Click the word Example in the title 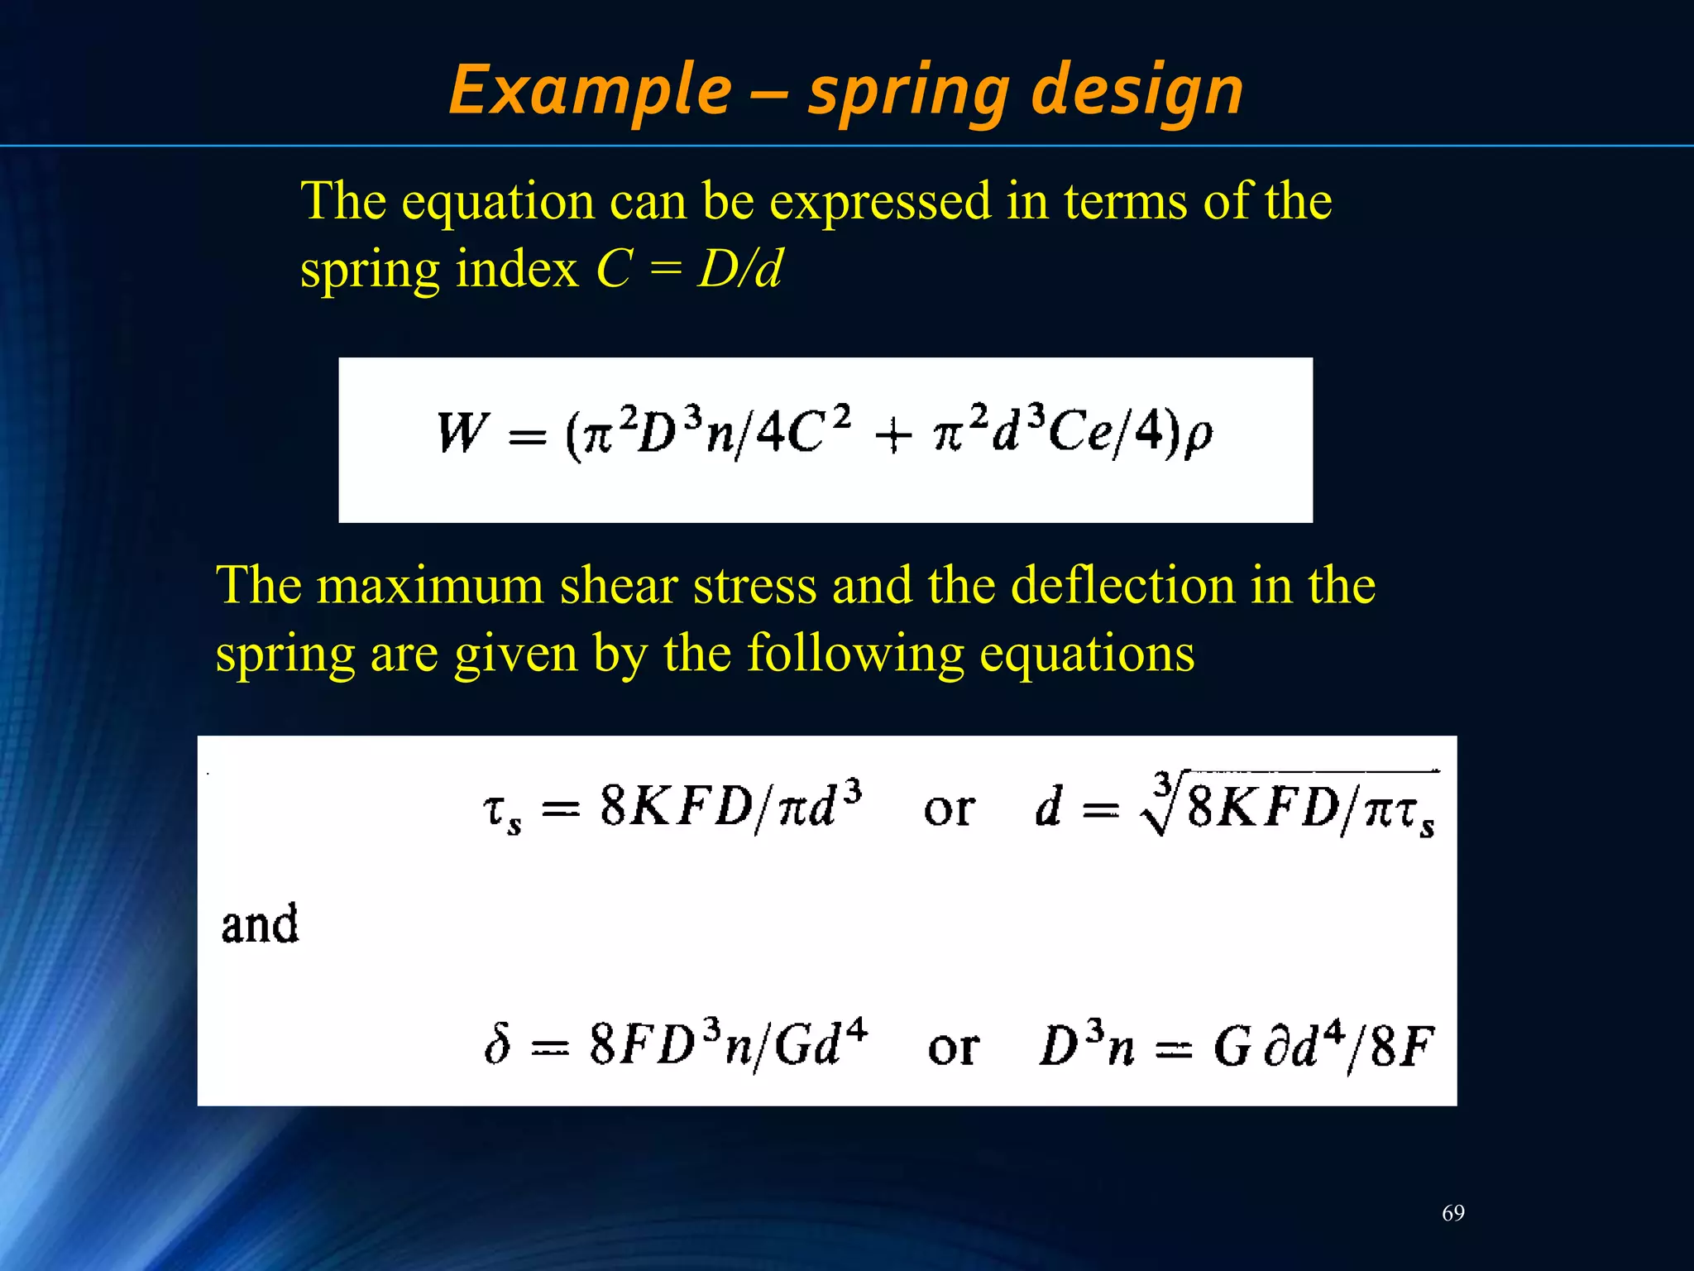coord(591,90)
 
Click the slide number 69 coord(1453,1213)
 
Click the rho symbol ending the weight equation coord(1199,436)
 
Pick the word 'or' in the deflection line coord(953,1047)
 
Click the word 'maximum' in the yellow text coord(429,585)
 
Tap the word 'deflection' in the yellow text coord(1123,585)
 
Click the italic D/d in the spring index coord(739,269)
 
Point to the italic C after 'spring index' coord(614,269)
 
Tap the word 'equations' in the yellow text coord(1087,653)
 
